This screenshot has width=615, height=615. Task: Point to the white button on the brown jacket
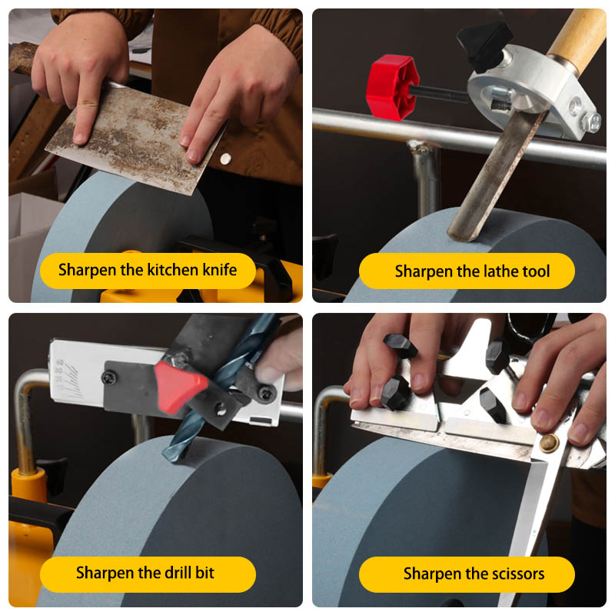click(224, 158)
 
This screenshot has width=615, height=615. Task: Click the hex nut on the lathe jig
click(593, 121)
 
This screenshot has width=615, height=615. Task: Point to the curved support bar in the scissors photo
click(326, 415)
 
